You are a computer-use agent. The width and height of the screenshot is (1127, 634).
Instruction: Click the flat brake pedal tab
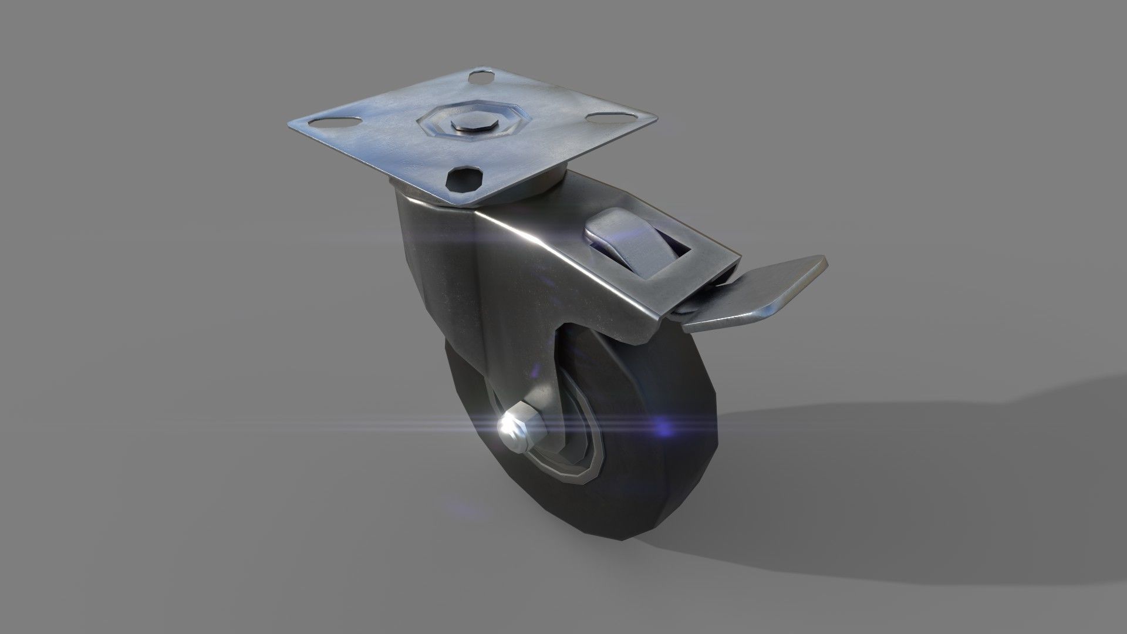[x=757, y=294]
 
